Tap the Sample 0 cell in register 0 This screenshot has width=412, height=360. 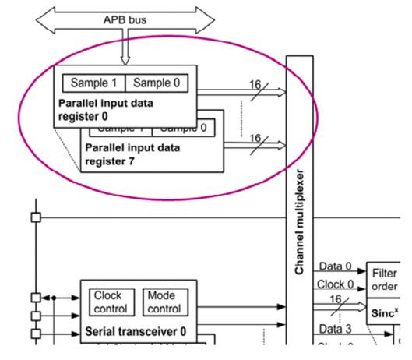(x=160, y=83)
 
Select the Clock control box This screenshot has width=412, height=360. (x=109, y=302)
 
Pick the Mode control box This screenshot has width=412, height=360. (x=161, y=302)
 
